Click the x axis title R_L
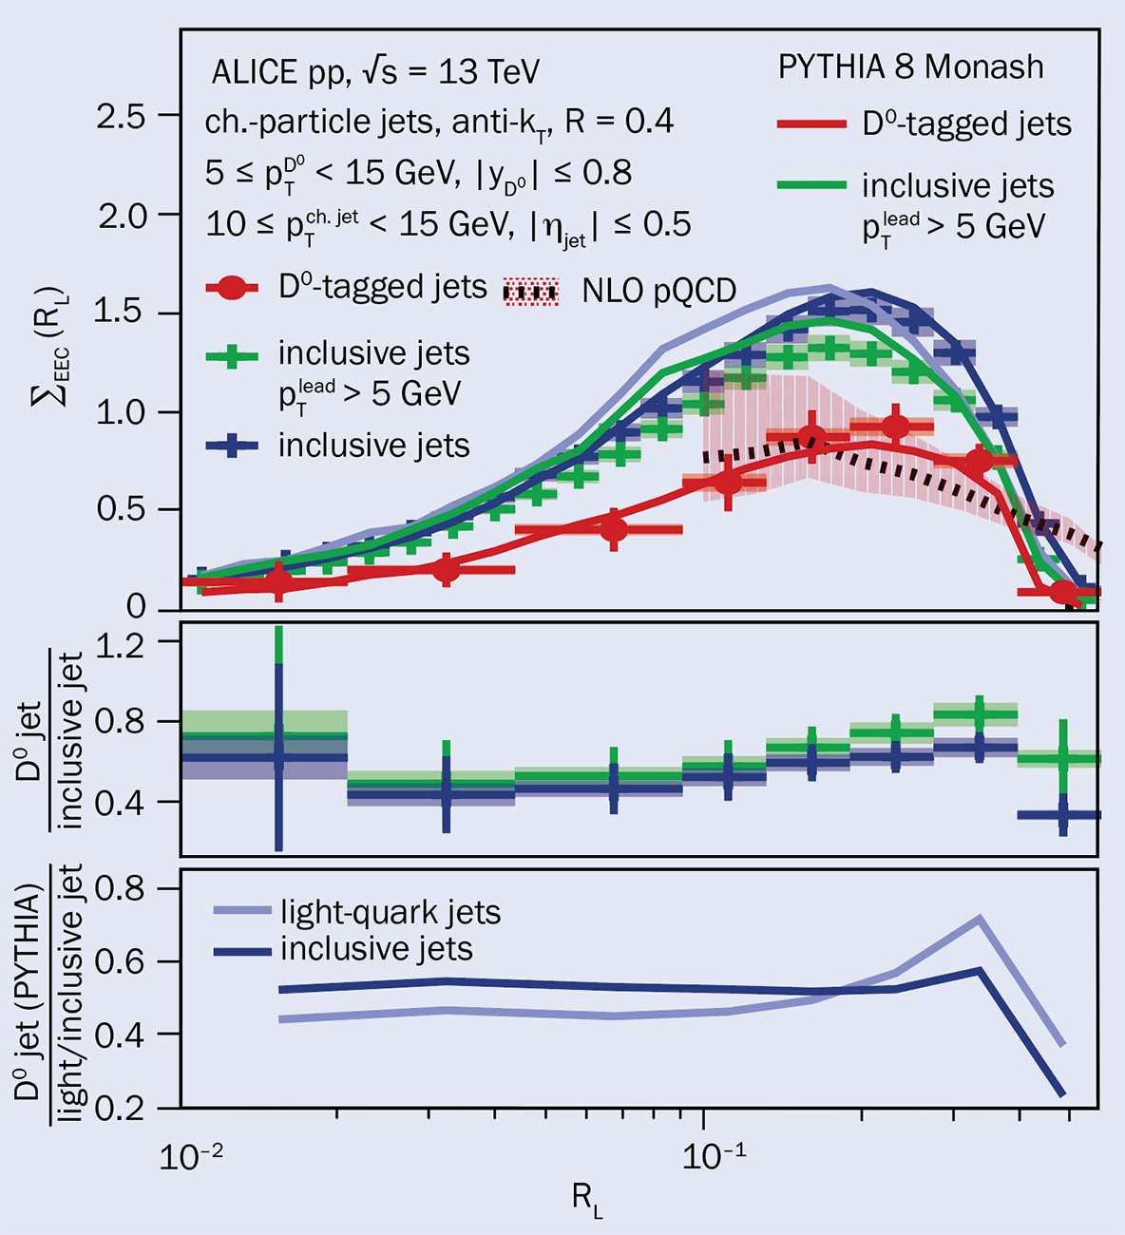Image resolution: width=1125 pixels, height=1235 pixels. point(587,1201)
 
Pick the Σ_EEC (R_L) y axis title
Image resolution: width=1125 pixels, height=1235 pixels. point(47,348)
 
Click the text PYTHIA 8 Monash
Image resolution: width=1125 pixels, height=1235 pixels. point(910,67)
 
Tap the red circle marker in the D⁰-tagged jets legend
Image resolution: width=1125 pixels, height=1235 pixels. point(233,288)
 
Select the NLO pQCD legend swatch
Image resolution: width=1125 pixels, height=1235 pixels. point(530,292)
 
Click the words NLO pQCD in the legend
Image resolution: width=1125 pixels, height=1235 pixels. point(658,292)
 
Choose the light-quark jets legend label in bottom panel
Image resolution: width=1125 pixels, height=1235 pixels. point(390,913)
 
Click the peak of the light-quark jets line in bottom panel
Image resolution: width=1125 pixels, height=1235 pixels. point(979,918)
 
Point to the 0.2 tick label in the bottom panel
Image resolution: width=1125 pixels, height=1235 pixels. point(124,1108)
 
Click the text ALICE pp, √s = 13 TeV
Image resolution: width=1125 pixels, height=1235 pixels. point(375,72)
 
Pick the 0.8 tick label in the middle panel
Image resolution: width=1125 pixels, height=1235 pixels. point(124,722)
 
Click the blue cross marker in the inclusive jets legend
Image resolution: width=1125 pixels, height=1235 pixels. point(233,446)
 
